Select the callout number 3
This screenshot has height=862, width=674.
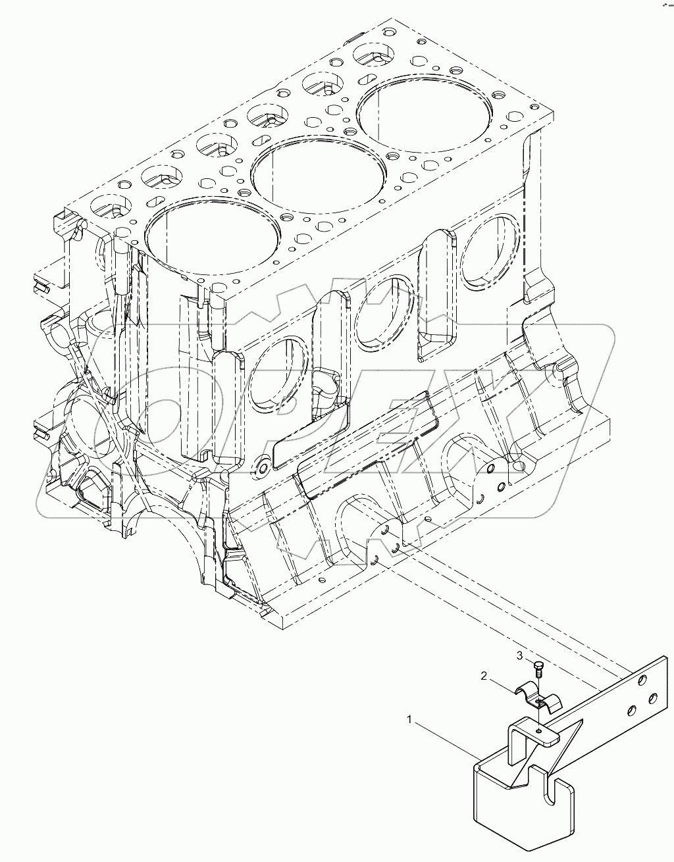point(519,655)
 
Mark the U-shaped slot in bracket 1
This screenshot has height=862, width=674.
point(563,793)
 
